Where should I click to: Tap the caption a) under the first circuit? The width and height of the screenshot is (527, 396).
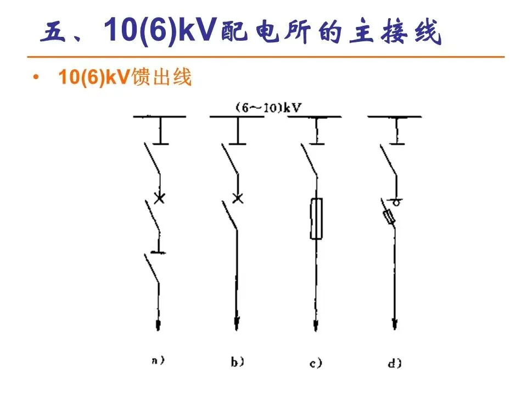click(158, 361)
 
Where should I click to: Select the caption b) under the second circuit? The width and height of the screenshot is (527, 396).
click(237, 361)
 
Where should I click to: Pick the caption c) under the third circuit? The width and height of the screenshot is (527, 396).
click(316, 362)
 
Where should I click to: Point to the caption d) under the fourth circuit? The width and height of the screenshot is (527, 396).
click(394, 362)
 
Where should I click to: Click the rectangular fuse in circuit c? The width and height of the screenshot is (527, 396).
click(316, 219)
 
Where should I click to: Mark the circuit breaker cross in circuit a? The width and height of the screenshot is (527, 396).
click(159, 198)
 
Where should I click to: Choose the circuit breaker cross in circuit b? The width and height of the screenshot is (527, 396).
click(237, 198)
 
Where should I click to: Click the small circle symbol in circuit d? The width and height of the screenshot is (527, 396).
click(394, 202)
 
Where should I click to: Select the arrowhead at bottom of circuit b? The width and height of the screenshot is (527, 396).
click(237, 324)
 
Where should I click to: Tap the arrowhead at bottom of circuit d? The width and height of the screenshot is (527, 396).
click(394, 324)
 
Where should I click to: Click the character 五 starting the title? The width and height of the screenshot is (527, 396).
click(53, 34)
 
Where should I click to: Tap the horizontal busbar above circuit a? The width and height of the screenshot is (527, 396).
click(159, 117)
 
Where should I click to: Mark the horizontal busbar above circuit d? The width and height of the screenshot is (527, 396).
click(394, 117)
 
